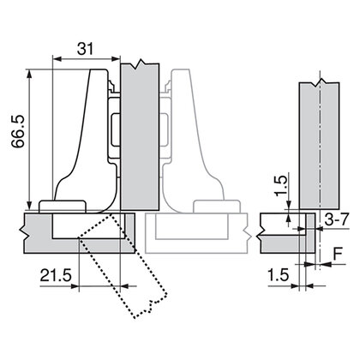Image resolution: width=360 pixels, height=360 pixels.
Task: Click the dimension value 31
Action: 86,49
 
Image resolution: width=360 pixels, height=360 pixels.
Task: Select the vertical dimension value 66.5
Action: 18,131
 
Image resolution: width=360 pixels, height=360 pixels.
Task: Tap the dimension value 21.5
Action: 56,276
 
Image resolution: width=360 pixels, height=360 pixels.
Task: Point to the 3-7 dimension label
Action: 337,219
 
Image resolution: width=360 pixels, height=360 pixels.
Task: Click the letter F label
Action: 338,254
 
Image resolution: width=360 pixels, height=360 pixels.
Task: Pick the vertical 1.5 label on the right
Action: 280,185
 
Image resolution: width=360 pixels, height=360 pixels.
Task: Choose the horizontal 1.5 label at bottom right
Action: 279,275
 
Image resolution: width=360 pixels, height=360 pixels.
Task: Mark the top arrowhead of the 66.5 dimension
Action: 29,74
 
